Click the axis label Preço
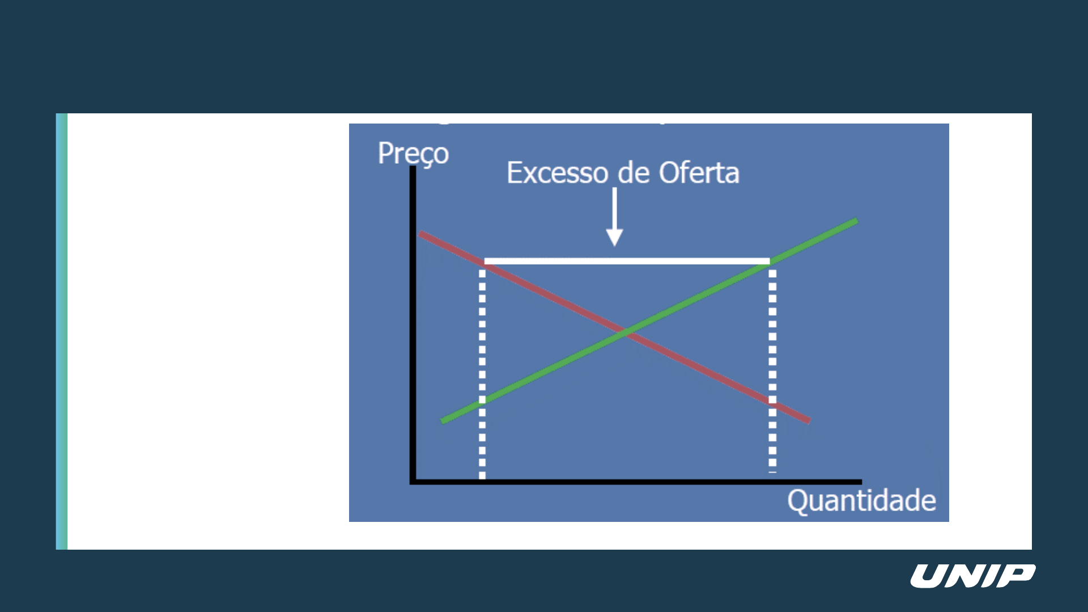(x=413, y=154)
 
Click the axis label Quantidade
(x=861, y=501)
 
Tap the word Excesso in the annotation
(x=558, y=173)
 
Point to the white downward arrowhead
(x=615, y=236)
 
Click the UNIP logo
(x=973, y=576)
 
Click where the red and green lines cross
(x=625, y=333)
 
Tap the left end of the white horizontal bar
(x=485, y=261)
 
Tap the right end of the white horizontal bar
(x=769, y=261)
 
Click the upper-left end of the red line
(x=420, y=233)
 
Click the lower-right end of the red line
(x=809, y=420)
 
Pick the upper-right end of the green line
(x=857, y=220)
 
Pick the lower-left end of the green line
(x=442, y=421)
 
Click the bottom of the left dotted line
(x=482, y=478)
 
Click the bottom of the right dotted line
(x=772, y=470)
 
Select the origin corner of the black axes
(x=413, y=482)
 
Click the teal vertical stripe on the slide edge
(x=61, y=331)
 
